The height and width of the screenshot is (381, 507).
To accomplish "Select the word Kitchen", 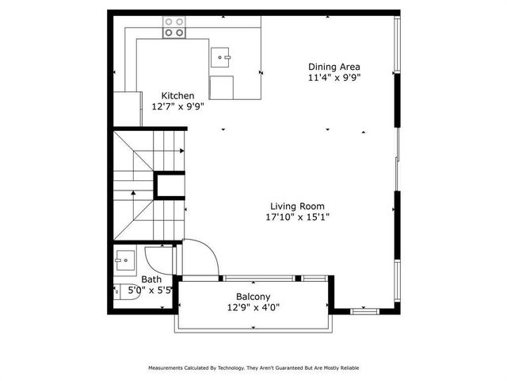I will point(177,95).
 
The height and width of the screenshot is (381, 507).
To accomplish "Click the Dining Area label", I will point(334,67).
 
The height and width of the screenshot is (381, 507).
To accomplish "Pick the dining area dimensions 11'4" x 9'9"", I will point(334,78).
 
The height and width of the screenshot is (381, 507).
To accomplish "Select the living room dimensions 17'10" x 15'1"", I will point(297,216).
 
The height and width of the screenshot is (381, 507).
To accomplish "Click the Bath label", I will point(151,279).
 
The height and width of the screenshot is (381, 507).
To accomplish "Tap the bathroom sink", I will point(123,259).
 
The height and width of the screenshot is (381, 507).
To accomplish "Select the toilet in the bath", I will point(118,291).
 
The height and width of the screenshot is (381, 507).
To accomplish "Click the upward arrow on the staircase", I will point(133,194).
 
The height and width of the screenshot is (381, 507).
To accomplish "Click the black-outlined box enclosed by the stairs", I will point(169,185).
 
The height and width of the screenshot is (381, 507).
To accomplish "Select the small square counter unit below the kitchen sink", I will point(222,87).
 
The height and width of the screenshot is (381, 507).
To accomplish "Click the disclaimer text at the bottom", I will point(253,368).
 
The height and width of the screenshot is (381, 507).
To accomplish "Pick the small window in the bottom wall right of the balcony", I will point(364,310).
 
